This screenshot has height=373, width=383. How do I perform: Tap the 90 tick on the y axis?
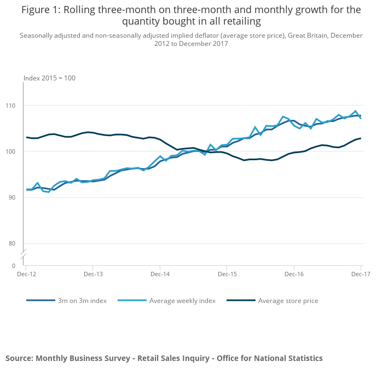[15, 197]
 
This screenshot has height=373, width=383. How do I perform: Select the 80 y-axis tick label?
[15, 243]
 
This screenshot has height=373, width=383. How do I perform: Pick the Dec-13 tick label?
[92, 272]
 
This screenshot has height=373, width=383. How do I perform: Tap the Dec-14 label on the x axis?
[160, 272]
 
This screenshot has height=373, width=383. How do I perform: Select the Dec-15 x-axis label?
[227, 272]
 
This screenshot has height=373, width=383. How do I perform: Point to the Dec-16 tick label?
[294, 272]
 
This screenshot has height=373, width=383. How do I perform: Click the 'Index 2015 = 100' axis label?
[49, 78]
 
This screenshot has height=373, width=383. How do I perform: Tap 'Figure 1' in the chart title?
[40, 10]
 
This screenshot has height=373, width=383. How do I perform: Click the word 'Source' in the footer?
[19, 358]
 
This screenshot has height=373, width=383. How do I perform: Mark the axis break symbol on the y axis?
[24, 255]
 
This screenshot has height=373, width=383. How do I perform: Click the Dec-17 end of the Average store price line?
[361, 138]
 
